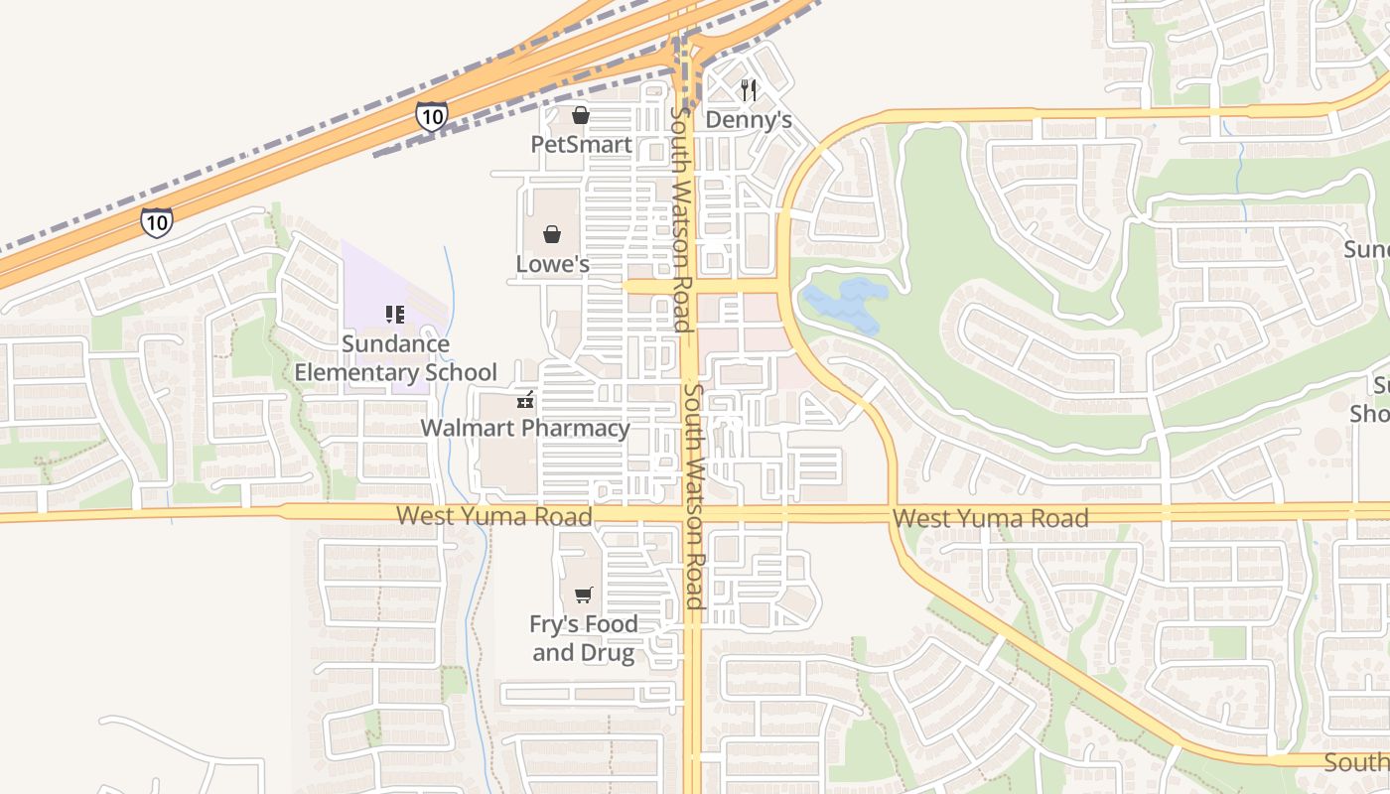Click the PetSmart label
coord(581,144)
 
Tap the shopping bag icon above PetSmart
coord(581,116)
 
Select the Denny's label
coord(749,120)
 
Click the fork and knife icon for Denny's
coord(749,90)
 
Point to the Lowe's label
coord(553,264)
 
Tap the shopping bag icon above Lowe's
coord(552,235)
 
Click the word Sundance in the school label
coord(395,344)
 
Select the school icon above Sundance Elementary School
coord(395,315)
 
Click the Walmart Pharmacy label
coord(525,428)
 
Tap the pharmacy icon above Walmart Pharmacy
coord(524,400)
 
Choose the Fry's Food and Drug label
coord(583,638)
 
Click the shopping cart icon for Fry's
coord(583,595)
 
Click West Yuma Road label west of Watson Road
coord(493,516)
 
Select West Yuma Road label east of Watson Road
coord(990,518)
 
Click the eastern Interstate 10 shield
coord(432,116)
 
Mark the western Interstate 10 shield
coord(156,221)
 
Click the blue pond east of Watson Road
coord(844,305)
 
